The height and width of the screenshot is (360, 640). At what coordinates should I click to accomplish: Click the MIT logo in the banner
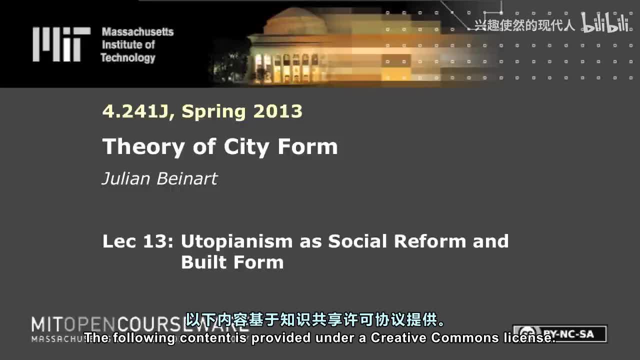[x=61, y=44]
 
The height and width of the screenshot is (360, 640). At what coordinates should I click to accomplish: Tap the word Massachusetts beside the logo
[x=137, y=32]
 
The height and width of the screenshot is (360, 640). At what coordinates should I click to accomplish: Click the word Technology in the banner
[x=128, y=57]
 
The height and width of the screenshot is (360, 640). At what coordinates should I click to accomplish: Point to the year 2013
[x=277, y=111]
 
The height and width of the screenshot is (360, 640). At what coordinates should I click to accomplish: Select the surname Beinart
[x=188, y=178]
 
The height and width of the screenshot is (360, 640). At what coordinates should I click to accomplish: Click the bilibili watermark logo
[x=604, y=23]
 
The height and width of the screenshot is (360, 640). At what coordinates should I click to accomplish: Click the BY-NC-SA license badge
[x=562, y=333]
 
